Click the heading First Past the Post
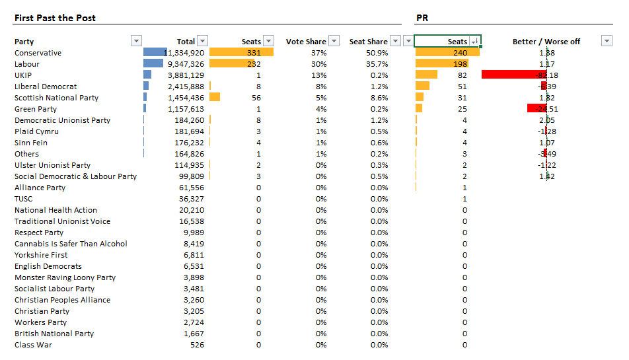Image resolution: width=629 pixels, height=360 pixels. [x=55, y=18]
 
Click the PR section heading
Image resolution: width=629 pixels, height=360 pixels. [x=422, y=18]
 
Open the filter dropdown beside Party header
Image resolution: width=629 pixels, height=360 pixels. [x=137, y=41]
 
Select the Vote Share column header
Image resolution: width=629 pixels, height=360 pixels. [x=306, y=42]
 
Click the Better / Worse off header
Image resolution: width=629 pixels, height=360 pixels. [x=546, y=42]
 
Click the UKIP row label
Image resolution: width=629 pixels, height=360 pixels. [x=23, y=75]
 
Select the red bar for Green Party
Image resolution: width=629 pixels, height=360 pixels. [x=536, y=108]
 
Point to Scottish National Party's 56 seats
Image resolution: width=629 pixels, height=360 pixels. [x=256, y=98]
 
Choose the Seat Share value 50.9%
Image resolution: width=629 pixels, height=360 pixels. [x=377, y=53]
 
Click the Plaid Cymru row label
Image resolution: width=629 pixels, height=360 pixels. [x=37, y=131]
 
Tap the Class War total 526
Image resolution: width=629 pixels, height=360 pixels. [x=197, y=345]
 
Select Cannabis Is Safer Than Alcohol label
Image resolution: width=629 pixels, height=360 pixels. [x=71, y=244]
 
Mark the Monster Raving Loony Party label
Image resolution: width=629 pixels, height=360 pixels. [x=65, y=277]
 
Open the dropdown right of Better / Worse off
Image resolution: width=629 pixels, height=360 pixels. [x=607, y=41]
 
